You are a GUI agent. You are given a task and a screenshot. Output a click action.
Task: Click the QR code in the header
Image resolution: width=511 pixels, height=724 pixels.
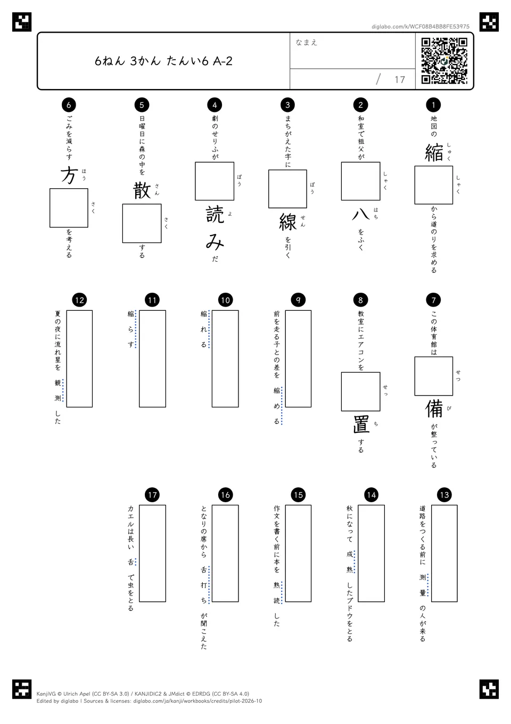pyautogui.click(x=444, y=61)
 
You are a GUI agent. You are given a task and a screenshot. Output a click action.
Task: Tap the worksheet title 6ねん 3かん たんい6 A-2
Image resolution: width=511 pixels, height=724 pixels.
pyautogui.click(x=163, y=61)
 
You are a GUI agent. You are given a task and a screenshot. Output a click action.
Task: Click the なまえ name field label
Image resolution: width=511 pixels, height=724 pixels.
pyautogui.click(x=307, y=42)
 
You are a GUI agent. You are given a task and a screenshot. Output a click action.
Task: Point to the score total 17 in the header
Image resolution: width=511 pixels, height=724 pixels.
pyautogui.click(x=400, y=79)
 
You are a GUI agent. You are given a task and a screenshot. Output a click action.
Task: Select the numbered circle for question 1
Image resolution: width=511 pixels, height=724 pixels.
pyautogui.click(x=433, y=104)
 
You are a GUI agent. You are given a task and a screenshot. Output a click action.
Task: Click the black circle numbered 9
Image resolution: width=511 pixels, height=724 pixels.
pyautogui.click(x=298, y=300)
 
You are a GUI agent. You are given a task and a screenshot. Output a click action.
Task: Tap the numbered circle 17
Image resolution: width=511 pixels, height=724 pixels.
pyautogui.click(x=152, y=495)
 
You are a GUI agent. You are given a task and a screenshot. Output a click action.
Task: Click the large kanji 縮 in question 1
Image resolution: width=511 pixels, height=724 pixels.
pyautogui.click(x=434, y=152)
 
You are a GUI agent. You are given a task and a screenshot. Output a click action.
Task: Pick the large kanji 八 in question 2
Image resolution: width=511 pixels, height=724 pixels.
pyautogui.click(x=361, y=214)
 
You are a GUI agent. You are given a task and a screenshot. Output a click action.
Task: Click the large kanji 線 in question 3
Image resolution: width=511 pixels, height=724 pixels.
pyautogui.click(x=288, y=222)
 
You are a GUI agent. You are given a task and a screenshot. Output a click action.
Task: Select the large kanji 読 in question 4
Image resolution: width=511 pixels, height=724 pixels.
pyautogui.click(x=215, y=215)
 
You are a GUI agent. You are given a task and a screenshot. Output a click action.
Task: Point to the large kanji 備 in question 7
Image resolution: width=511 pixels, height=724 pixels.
pyautogui.click(x=434, y=408)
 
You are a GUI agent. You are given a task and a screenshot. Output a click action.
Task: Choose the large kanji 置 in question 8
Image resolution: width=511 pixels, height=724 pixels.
pyautogui.click(x=361, y=424)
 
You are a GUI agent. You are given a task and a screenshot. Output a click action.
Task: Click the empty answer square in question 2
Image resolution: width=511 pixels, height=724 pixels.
pyautogui.click(x=361, y=181)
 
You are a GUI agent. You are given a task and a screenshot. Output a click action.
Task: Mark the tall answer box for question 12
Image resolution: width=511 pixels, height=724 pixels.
pyautogui.click(x=79, y=359)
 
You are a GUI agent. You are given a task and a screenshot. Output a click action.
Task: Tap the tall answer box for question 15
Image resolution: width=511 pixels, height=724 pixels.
pyautogui.click(x=298, y=554)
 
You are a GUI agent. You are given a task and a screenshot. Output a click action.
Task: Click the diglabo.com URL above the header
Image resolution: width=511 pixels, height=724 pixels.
pyautogui.click(x=421, y=27)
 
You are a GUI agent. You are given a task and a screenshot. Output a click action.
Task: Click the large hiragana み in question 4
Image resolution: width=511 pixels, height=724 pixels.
pyautogui.click(x=215, y=242)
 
